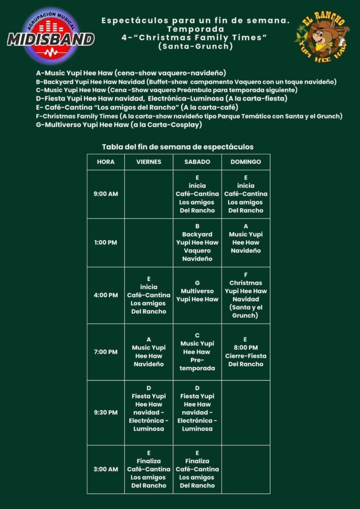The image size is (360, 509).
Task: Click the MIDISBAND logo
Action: click(x=51, y=35)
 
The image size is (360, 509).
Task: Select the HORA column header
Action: click(x=105, y=162)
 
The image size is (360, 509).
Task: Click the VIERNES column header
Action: click(x=149, y=162)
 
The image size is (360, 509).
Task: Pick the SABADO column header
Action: click(x=197, y=162)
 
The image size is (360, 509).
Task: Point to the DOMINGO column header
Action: click(x=246, y=162)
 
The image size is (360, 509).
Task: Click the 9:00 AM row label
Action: click(x=105, y=194)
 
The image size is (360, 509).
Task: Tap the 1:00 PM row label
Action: click(x=105, y=243)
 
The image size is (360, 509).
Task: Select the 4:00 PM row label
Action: click(x=105, y=295)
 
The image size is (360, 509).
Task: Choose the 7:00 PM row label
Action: click(x=105, y=352)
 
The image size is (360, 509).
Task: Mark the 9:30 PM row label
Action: click(x=105, y=413)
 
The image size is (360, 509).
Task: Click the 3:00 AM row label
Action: click(x=105, y=469)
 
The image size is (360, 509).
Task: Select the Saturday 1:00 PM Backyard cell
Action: click(x=197, y=243)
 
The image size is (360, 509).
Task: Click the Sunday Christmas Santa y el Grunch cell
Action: click(x=246, y=295)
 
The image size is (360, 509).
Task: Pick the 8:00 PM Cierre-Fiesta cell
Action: click(x=246, y=352)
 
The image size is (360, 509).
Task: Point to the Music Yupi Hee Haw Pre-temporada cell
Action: click(x=197, y=352)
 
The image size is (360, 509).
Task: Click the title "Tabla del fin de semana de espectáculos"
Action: click(x=178, y=147)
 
